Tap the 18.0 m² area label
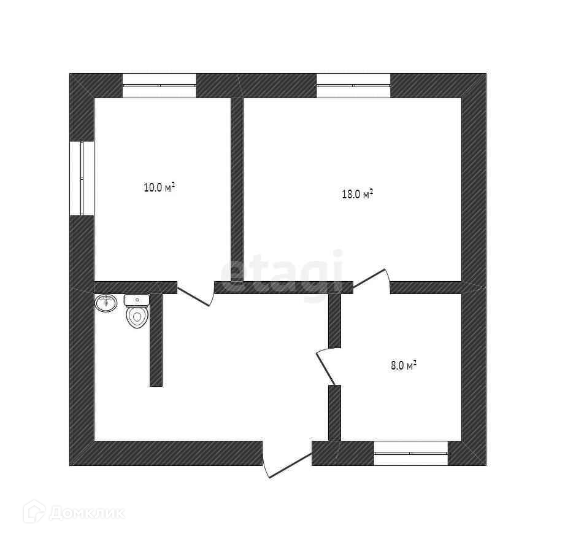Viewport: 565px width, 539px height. pos(357,195)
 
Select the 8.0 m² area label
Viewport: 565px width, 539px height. pos(404,366)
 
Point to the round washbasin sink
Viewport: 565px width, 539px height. pos(106,303)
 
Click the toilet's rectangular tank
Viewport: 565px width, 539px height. pos(136,300)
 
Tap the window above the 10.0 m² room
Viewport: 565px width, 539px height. pos(160,85)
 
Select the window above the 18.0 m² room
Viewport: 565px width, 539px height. pos(353,85)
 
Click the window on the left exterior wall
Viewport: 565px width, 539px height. pos(82,178)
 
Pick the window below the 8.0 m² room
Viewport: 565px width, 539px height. pos(411,453)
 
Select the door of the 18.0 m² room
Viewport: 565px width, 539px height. pos(371,279)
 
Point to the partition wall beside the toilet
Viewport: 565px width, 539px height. pos(156,341)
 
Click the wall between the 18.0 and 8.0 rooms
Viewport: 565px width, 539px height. pos(426,287)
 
